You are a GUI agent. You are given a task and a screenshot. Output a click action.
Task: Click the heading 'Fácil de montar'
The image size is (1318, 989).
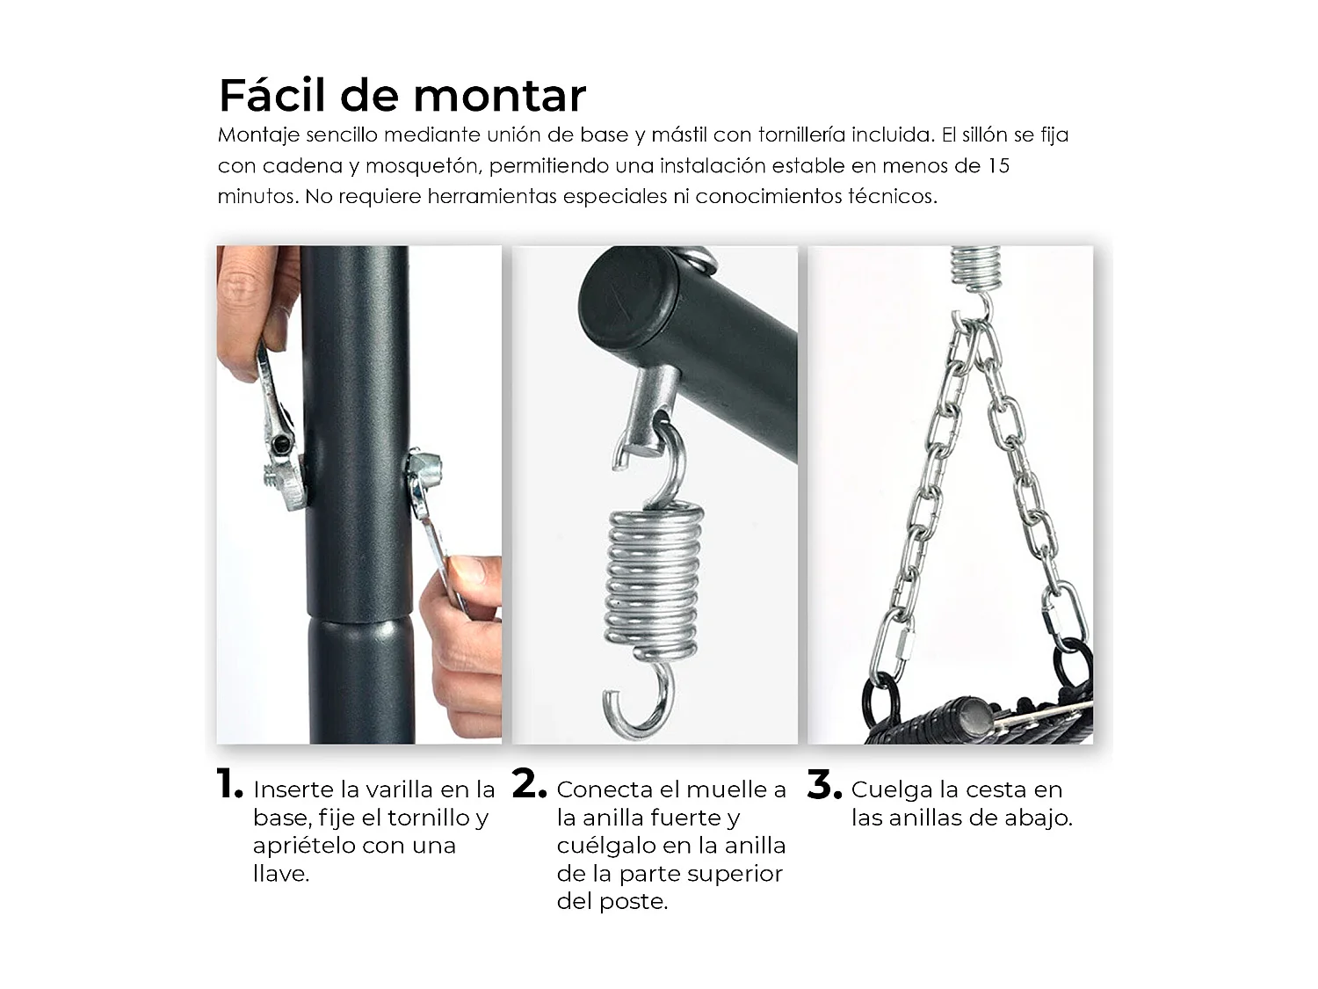coord(402,95)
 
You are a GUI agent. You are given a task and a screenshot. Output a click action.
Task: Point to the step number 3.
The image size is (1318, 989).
coord(823,785)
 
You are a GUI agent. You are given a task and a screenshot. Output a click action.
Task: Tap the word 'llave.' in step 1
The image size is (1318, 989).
coord(281,874)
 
